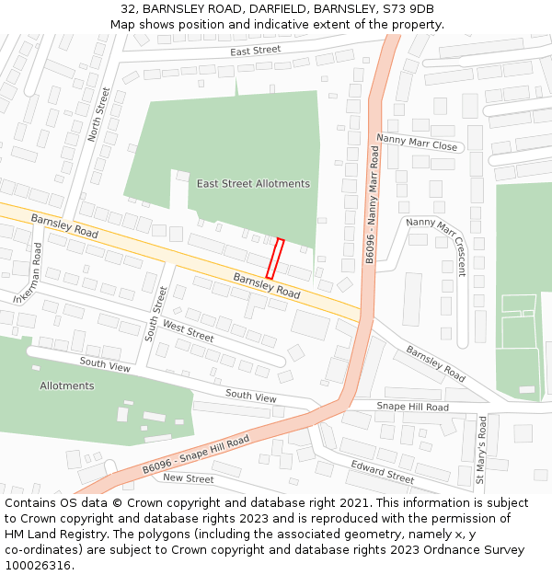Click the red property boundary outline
click(274, 259)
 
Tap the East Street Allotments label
click(253, 184)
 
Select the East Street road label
click(255, 50)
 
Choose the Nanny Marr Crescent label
click(437, 247)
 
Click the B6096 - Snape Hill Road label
click(196, 457)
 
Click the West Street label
click(188, 331)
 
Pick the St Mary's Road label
click(481, 450)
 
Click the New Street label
click(188, 479)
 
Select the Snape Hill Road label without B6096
click(413, 407)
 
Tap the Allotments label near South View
click(66, 385)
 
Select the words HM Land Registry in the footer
click(50, 535)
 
